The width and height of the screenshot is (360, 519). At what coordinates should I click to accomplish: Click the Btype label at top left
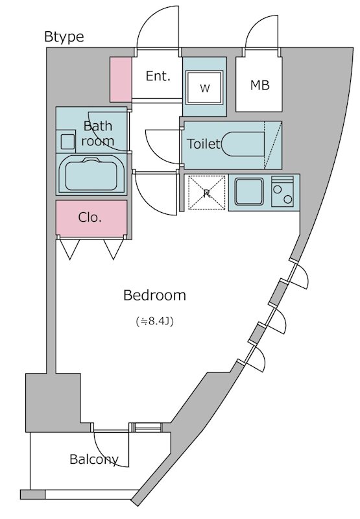pyautogui.click(x=64, y=37)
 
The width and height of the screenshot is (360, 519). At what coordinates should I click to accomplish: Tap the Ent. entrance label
pyautogui.click(x=158, y=76)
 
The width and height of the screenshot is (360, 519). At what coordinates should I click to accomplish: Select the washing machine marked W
pyautogui.click(x=204, y=87)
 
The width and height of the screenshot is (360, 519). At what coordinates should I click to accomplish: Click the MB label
pyautogui.click(x=259, y=85)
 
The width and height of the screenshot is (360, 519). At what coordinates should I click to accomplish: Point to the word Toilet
pyautogui.click(x=204, y=143)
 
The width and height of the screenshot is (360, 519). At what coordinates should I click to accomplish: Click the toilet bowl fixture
pyautogui.click(x=243, y=144)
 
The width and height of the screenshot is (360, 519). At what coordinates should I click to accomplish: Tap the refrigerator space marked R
pyautogui.click(x=207, y=192)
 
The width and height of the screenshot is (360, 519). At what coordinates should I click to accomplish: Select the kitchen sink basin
pyautogui.click(x=249, y=191)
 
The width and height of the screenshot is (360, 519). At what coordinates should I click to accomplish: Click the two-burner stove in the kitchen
pyautogui.click(x=282, y=191)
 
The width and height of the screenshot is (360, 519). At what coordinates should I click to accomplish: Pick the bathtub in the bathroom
pyautogui.click(x=91, y=174)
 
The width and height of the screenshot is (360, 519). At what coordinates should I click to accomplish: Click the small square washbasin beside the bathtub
pyautogui.click(x=68, y=142)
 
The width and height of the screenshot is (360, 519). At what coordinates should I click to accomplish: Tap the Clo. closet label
pyautogui.click(x=90, y=217)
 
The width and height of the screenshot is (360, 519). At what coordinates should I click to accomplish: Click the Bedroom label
pyautogui.click(x=154, y=295)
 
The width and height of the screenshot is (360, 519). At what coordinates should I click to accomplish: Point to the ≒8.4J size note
pyautogui.click(x=154, y=321)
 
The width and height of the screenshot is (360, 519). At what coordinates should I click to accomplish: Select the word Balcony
pyautogui.click(x=94, y=459)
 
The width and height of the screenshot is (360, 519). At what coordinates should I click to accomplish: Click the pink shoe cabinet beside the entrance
pyautogui.click(x=121, y=79)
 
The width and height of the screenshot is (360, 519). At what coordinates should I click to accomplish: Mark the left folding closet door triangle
pyautogui.click(x=69, y=249)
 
